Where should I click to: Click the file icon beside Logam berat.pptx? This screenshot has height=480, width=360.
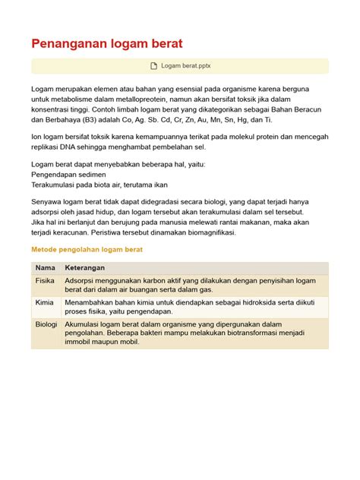155,66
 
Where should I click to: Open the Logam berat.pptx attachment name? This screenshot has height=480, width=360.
186,66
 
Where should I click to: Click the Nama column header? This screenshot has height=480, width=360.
46,268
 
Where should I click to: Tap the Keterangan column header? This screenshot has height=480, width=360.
84,268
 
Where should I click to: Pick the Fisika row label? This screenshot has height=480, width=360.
46,280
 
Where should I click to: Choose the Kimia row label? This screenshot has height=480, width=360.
45,302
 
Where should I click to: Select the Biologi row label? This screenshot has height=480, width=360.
47,324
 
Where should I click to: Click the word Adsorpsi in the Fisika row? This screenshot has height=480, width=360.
83,280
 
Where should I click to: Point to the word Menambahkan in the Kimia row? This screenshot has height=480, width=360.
92,302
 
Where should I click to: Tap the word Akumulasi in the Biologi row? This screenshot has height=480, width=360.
85,324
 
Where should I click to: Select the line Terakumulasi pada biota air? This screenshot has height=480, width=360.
99,184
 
